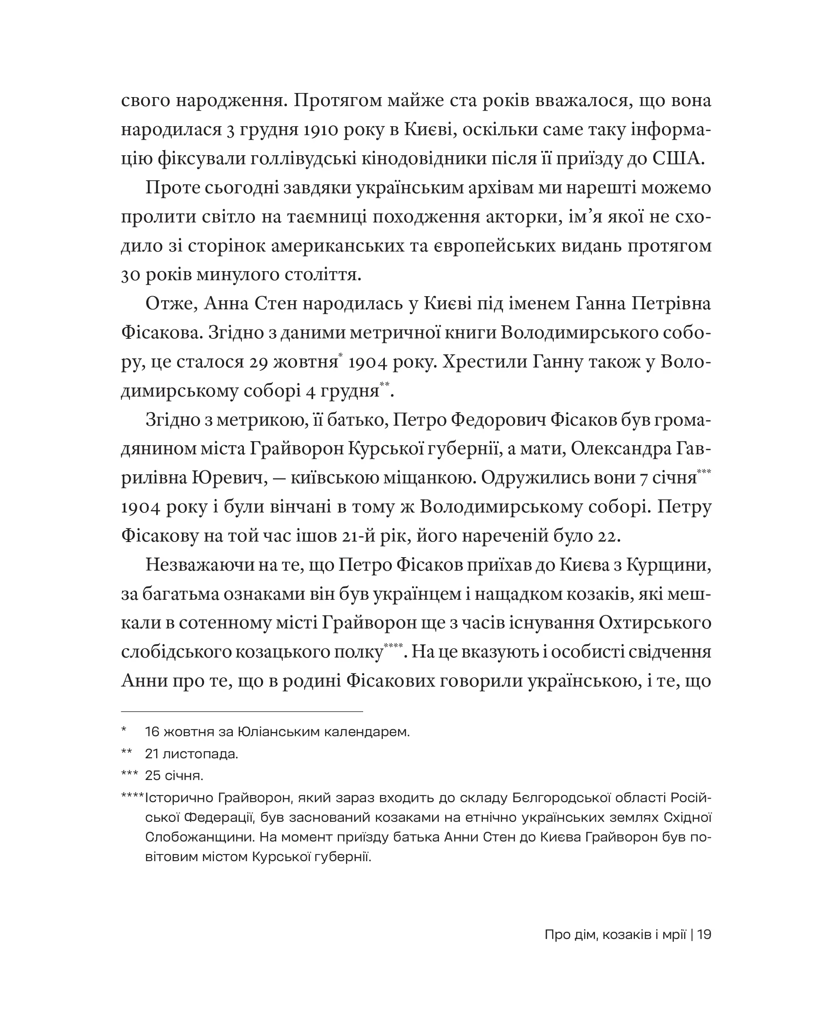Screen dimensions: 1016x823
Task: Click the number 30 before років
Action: pos(130,275)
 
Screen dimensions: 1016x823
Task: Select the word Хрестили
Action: pos(484,362)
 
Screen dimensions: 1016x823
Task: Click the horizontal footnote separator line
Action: pos(242,711)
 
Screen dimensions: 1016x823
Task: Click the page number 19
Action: pos(705,935)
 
